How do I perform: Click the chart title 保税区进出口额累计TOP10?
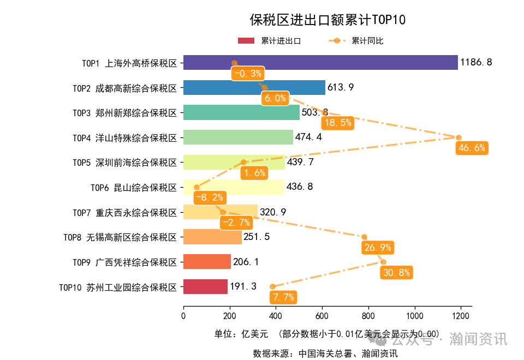tap(327, 20)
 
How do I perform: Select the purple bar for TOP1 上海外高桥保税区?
tap(320, 63)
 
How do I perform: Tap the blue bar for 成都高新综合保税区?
tap(254, 88)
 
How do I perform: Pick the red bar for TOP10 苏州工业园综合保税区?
tap(205, 287)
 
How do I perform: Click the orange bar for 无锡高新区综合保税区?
tap(212, 237)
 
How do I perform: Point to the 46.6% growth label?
tap(472, 148)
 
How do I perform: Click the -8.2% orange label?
tap(210, 197)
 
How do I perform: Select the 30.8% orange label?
tap(396, 273)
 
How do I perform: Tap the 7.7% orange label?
tap(283, 297)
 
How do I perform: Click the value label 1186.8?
tap(476, 63)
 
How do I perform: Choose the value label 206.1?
tap(246, 262)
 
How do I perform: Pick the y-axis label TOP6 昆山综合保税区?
tap(134, 188)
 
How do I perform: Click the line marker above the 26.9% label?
tap(364, 237)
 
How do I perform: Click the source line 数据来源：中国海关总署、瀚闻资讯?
tap(325, 353)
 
